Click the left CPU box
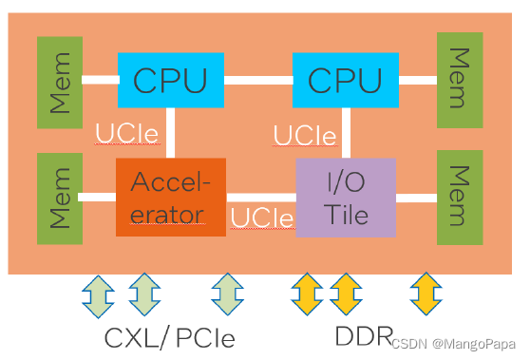[x=170, y=80]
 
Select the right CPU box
[x=345, y=80]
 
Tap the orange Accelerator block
[x=171, y=198]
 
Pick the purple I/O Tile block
[x=346, y=198]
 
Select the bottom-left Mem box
[x=59, y=198]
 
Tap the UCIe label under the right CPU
[x=305, y=136]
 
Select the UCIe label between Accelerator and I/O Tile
[x=262, y=218]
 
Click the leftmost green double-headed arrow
[x=99, y=294]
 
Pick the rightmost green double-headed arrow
[x=228, y=294]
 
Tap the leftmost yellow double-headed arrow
[x=306, y=294]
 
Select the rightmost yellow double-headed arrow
[x=426, y=294]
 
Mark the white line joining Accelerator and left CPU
[x=171, y=133]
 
